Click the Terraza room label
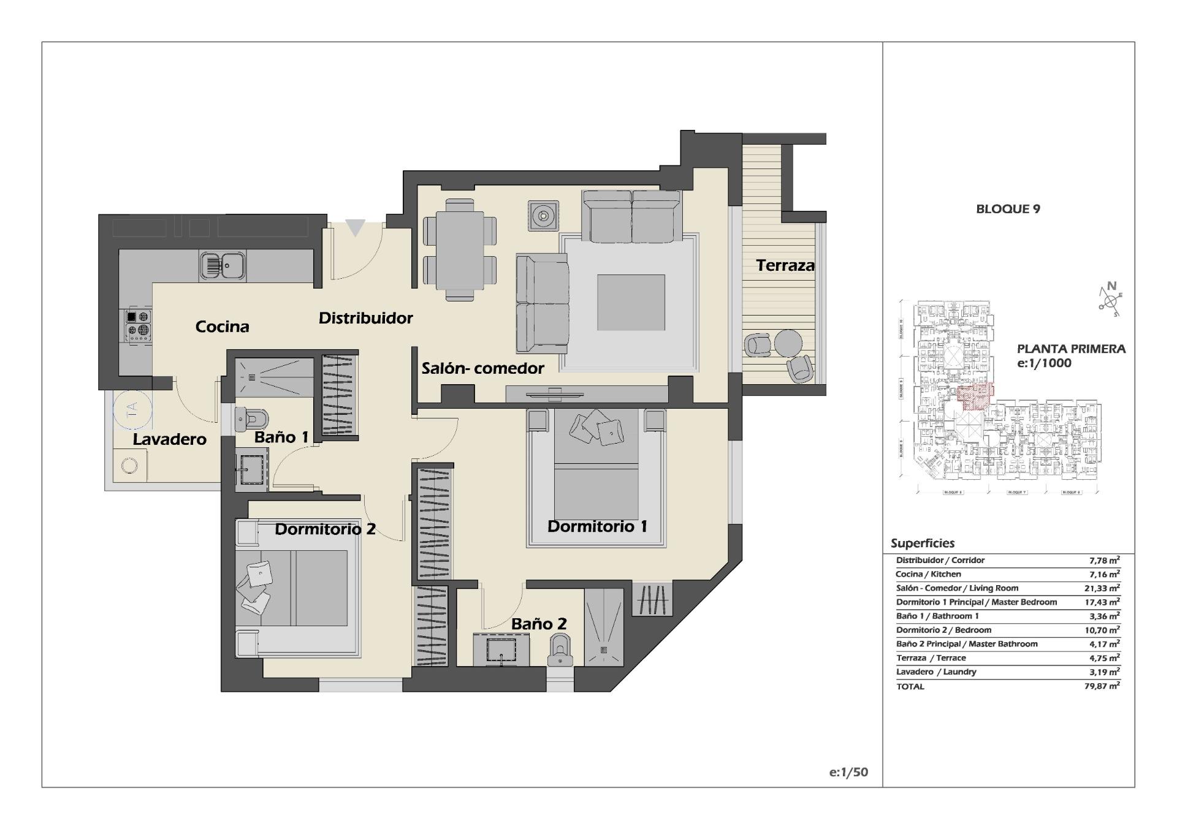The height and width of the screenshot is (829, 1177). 785,265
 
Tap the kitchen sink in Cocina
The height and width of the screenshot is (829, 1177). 223,265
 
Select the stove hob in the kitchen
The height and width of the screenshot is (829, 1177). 138,325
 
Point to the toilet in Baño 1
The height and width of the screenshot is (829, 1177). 253,419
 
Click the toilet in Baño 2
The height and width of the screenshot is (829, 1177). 559,651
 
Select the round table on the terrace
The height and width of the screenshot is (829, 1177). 788,343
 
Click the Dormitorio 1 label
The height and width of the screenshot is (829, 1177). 597,526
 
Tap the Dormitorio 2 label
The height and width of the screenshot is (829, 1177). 325,529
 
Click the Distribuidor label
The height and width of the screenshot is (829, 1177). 365,318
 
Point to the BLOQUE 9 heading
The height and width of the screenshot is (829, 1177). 1008,209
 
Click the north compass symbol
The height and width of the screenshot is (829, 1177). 1110,299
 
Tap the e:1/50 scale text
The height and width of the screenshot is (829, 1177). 848,772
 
